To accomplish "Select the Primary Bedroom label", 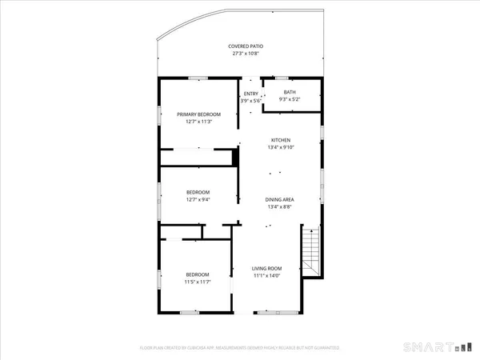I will pos(198,114).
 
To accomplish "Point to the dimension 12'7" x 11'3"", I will pos(198,122).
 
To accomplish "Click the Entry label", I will pos(250,94).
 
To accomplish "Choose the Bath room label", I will pos(289,93).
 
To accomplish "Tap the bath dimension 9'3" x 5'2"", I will pos(289,100).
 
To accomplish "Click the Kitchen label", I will pos(279,140).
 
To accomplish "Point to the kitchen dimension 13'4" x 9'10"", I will pos(279,147).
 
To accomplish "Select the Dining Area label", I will pos(280,199).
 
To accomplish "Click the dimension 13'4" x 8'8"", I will pos(280,207).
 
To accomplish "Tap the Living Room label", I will pos(268,269).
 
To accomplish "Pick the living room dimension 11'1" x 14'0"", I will pos(268,276).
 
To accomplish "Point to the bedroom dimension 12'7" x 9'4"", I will pos(198,200).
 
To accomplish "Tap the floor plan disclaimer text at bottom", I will pos(240,348).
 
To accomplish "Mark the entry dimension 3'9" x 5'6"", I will pos(250,101).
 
